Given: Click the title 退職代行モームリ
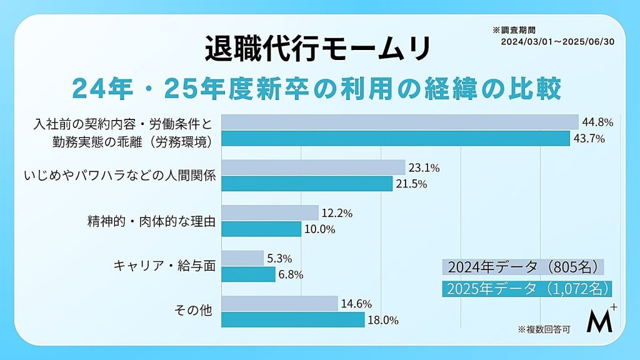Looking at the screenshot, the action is pos(317,49).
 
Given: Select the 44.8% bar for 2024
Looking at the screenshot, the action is pos(400,122).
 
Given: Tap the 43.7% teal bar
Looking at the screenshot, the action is pos(396,138).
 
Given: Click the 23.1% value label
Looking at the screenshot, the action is pos(424,167).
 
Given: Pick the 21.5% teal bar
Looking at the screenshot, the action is pos(307,184).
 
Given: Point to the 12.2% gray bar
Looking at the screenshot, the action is pos(270,212).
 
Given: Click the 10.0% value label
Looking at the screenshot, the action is pos(319,229).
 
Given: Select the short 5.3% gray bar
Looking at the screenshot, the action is pos(242,258).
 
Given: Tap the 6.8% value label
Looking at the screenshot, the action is pos(291,275).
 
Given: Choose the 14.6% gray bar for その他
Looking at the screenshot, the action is pos(279,303).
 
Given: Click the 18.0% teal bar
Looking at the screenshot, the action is pos(293,319).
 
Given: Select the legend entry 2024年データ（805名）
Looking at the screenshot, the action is pos(523,267).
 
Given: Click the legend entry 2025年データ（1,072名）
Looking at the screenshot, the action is pos(527,289).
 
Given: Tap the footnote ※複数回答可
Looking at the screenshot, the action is pos(544,329).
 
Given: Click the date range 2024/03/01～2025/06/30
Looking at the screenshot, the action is pos(557,42).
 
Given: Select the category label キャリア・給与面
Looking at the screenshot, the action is pos(164,266).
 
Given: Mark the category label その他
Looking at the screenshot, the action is pos(193,310).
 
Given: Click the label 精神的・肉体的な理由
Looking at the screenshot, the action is pos(151,222).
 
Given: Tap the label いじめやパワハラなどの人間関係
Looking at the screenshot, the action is pos(119,176).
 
